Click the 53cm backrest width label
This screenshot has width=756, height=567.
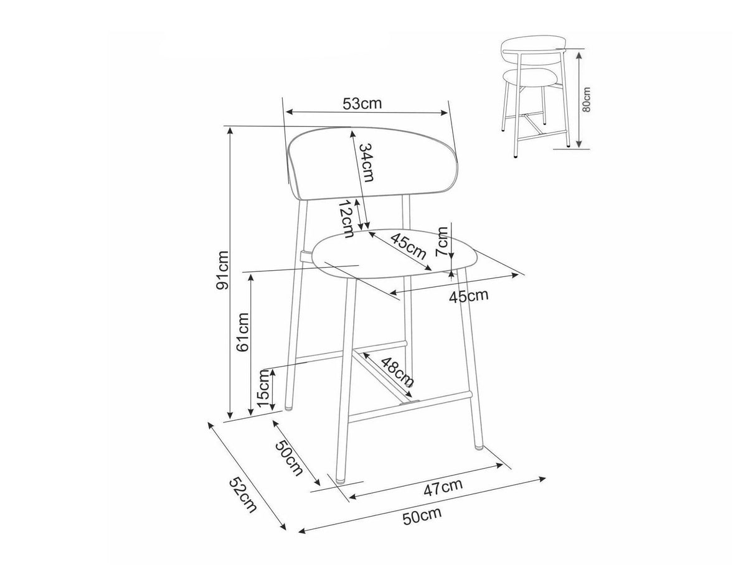coord(362,103)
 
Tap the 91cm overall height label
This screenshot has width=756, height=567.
coord(223,270)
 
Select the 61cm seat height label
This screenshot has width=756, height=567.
coord(243,332)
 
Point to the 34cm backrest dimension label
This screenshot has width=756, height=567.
coord(366,162)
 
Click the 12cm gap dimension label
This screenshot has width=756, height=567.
coord(346,218)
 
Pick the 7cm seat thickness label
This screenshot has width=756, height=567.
coord(442,241)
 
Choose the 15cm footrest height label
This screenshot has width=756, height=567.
coord(264,388)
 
